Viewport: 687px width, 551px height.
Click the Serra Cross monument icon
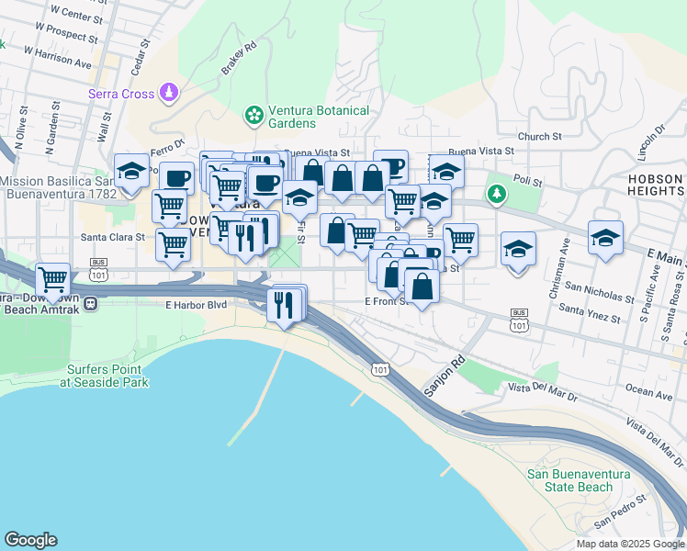[169, 92]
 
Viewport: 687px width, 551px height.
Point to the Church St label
[539, 137]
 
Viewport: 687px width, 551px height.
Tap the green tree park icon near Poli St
[497, 194]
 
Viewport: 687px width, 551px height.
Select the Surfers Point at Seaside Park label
[106, 376]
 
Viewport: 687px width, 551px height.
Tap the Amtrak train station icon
[91, 300]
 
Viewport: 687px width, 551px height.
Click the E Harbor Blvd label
[196, 305]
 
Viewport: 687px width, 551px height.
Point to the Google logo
[31, 540]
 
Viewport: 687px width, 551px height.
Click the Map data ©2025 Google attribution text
[631, 544]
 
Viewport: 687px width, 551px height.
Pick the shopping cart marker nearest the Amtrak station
[53, 278]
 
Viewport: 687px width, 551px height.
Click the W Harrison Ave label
[58, 58]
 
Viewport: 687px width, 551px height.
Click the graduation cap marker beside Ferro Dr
[131, 170]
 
